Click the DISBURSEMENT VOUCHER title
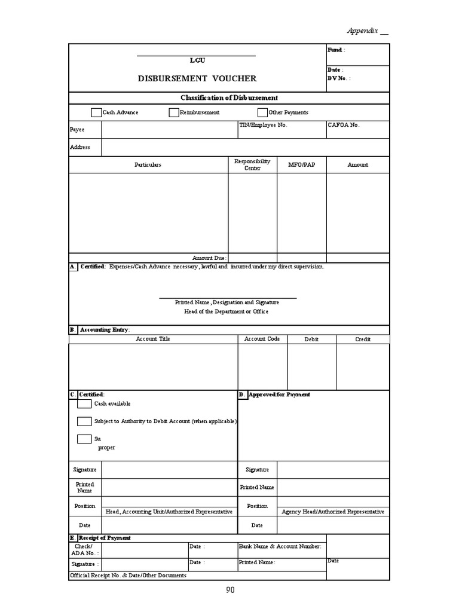click(x=197, y=78)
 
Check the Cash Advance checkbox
click(x=96, y=112)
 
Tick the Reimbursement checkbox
click(x=174, y=112)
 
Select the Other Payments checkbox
click(x=262, y=112)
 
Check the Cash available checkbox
click(x=84, y=404)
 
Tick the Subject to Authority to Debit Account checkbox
click(x=84, y=421)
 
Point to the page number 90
click(x=230, y=590)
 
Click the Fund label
click(x=335, y=50)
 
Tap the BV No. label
click(x=339, y=78)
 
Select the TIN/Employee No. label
click(x=263, y=126)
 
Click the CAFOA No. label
click(x=344, y=126)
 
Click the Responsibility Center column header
click(x=252, y=164)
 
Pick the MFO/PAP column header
click(x=301, y=164)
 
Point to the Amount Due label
click(x=209, y=258)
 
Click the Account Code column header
click(x=262, y=339)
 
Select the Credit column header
click(x=363, y=339)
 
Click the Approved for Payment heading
click(x=279, y=394)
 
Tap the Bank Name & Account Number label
click(x=280, y=546)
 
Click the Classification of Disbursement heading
click(x=229, y=98)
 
